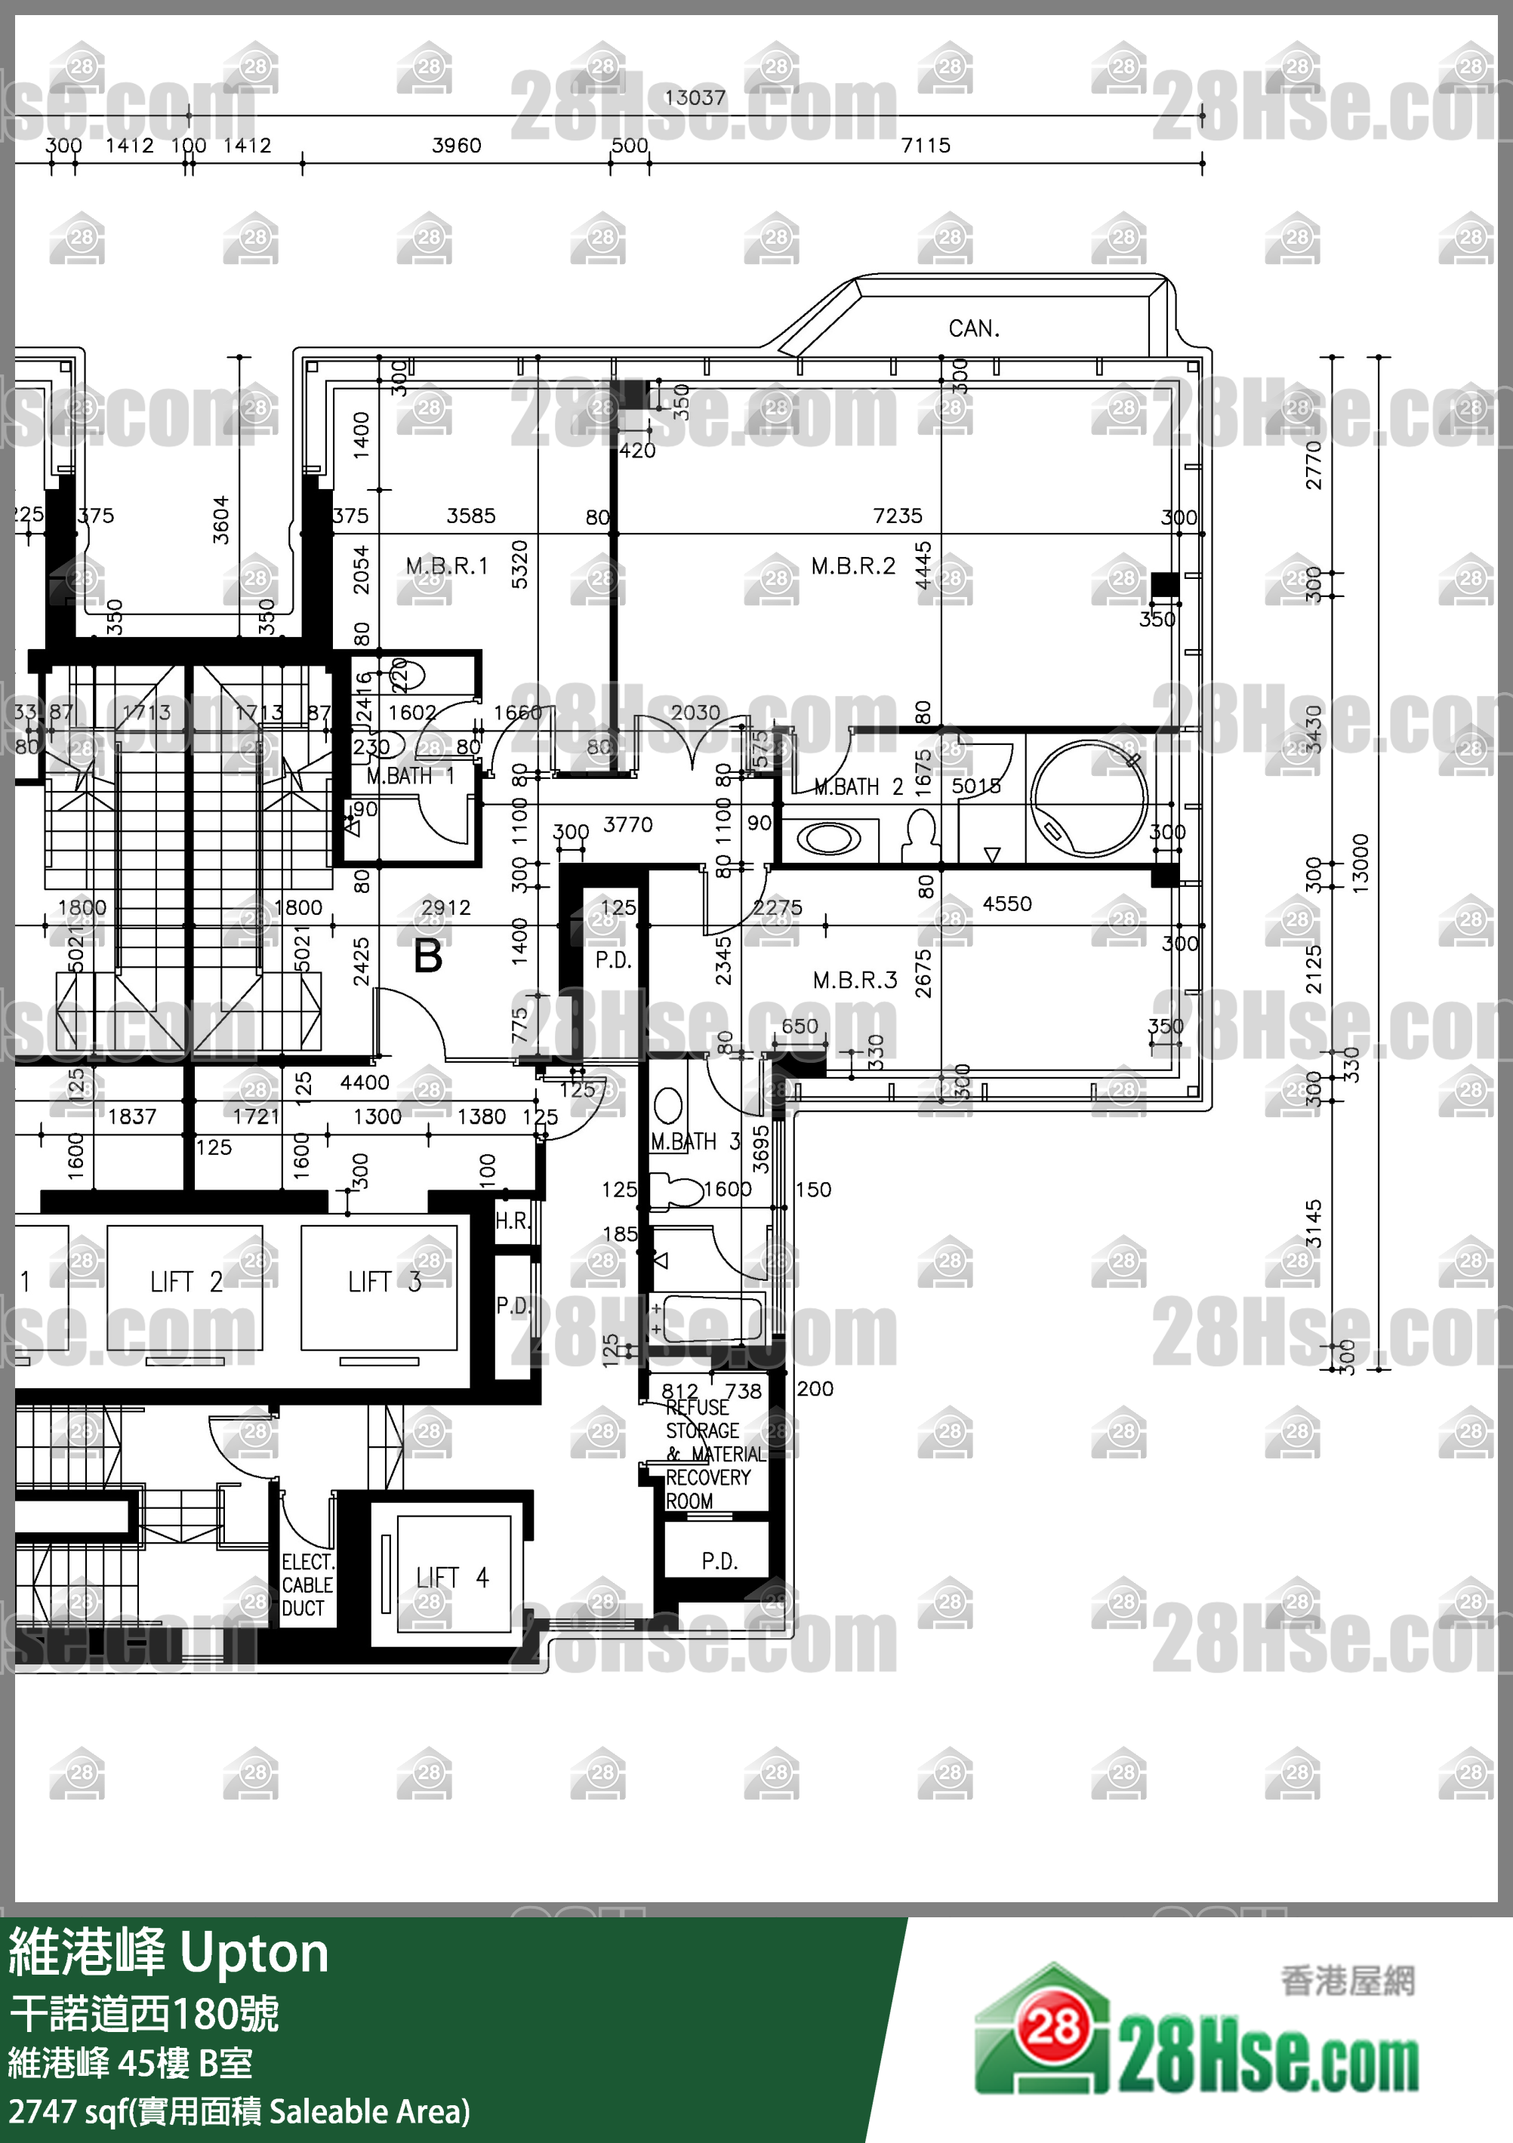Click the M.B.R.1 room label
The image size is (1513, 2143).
coord(447,567)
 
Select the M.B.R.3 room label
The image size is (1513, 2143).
coord(855,980)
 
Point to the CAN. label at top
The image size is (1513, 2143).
coord(973,328)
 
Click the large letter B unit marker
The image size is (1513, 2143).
coord(427,956)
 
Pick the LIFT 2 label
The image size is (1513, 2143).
coord(186,1282)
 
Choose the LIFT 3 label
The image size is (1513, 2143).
coord(384,1282)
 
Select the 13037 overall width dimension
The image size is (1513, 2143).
coord(695,98)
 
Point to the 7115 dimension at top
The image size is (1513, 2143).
coord(926,146)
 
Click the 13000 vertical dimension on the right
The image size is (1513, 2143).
coord(1360,864)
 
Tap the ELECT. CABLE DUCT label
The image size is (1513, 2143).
coord(307,1585)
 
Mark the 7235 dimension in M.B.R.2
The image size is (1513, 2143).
coord(897,516)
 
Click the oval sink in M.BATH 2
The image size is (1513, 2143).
coord(828,838)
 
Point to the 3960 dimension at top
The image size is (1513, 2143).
coord(457,146)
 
